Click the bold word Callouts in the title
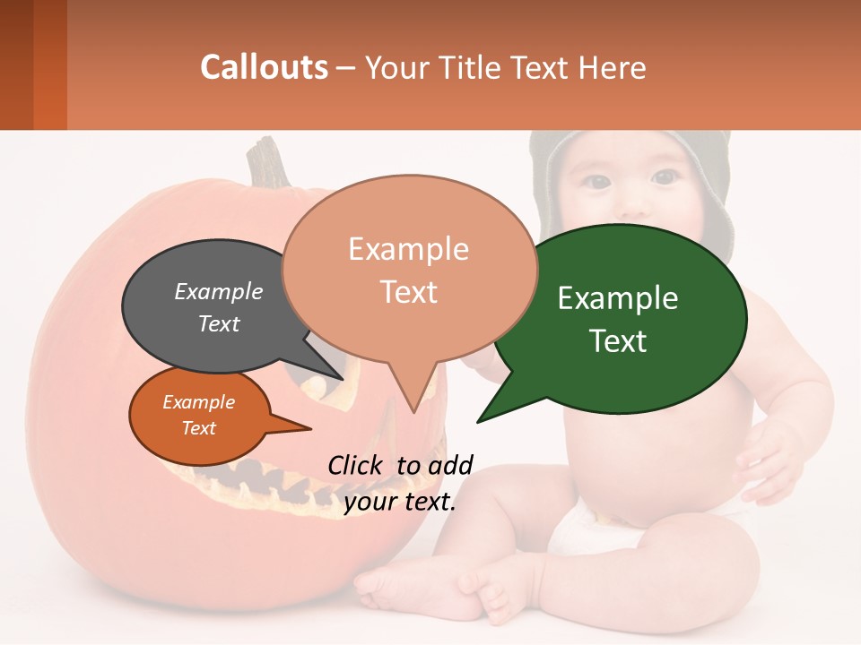point(264,67)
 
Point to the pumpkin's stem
point(267,161)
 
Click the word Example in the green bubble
point(618,298)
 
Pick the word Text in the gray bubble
point(219,323)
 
